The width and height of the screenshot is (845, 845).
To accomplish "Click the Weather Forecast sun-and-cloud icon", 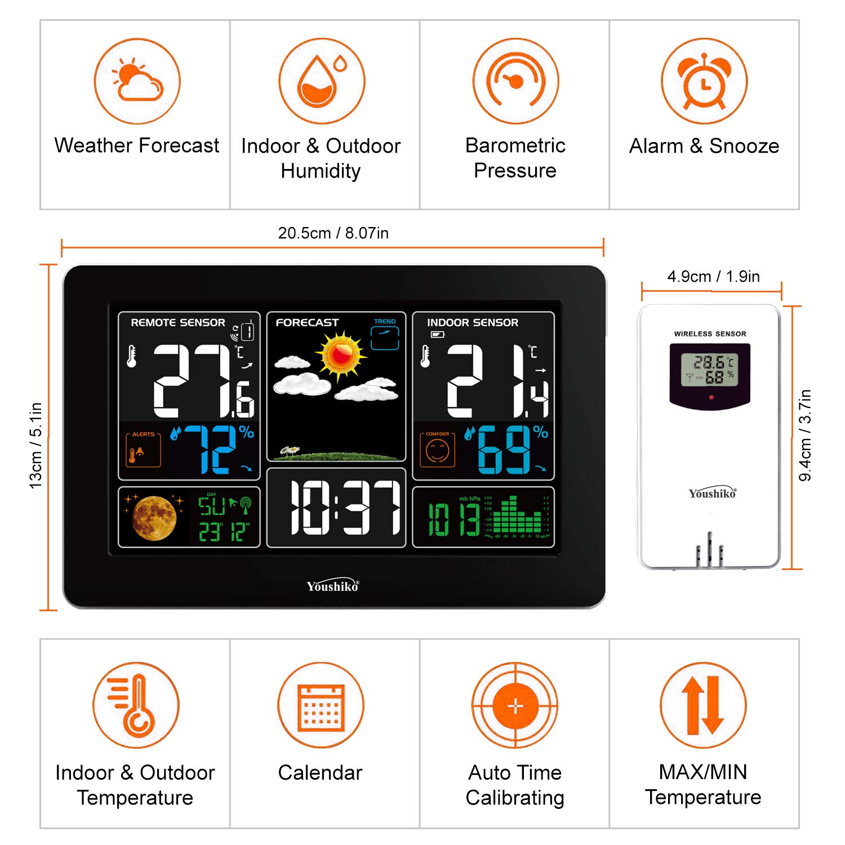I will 137,81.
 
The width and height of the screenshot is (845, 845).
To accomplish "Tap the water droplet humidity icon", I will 322,81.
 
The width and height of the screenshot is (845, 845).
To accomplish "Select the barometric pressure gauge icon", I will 515,81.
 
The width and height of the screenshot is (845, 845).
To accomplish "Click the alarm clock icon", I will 704,81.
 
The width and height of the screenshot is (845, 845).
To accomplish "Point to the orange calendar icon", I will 321,705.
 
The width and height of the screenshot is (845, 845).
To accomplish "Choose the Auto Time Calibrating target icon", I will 515,705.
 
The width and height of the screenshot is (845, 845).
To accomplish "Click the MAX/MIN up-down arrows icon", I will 703,705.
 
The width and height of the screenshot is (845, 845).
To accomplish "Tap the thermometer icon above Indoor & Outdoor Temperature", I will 136,705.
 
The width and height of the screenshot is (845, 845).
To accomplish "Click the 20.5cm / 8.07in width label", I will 333,233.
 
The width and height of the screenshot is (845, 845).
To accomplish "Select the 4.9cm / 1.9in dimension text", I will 713,277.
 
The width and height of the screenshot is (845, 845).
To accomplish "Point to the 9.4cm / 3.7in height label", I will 806,435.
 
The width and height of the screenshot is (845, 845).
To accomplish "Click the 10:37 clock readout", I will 345,508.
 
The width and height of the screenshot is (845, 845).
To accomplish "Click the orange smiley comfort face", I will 437,451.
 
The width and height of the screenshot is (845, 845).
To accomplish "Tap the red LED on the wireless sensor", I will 711,398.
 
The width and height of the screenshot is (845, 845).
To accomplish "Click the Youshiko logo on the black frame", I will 332,586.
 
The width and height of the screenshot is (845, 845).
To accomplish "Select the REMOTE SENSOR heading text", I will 178,323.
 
